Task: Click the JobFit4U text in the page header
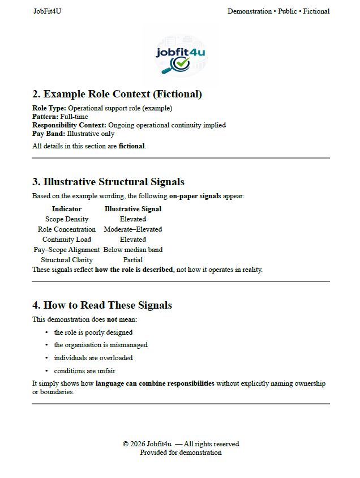click(x=47, y=11)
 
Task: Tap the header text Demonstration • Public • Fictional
click(x=278, y=11)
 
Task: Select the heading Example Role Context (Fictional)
click(x=117, y=94)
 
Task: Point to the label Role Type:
click(x=49, y=108)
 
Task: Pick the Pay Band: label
click(x=49, y=134)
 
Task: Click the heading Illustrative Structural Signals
click(x=108, y=182)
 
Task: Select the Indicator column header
click(x=67, y=209)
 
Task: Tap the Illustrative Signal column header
click(x=133, y=209)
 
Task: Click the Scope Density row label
click(x=67, y=219)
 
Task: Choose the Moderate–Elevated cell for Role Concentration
click(x=133, y=229)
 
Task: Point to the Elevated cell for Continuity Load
click(x=133, y=240)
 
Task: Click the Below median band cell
click(x=133, y=250)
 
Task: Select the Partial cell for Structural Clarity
click(x=133, y=260)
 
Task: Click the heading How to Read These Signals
click(x=102, y=305)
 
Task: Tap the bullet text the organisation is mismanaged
click(x=101, y=345)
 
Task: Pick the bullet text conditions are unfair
click(x=85, y=371)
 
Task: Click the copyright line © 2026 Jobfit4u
click(x=181, y=444)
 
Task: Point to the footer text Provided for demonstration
click(x=181, y=453)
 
